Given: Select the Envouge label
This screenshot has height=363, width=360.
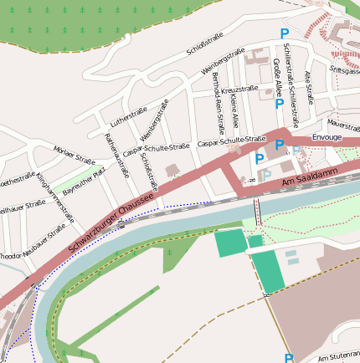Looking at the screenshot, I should pos(327,135).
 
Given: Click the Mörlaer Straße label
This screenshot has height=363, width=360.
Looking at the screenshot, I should pos(74,155).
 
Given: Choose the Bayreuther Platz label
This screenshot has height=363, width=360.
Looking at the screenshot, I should pos(85,180).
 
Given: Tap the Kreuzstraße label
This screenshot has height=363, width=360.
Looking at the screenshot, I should pos(240,89).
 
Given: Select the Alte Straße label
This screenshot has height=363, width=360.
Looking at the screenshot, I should pos(309,87).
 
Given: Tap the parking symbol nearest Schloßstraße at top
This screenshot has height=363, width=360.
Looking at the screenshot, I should pos(285,34).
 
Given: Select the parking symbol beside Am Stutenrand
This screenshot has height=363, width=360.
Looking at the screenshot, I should pos(289,358).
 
